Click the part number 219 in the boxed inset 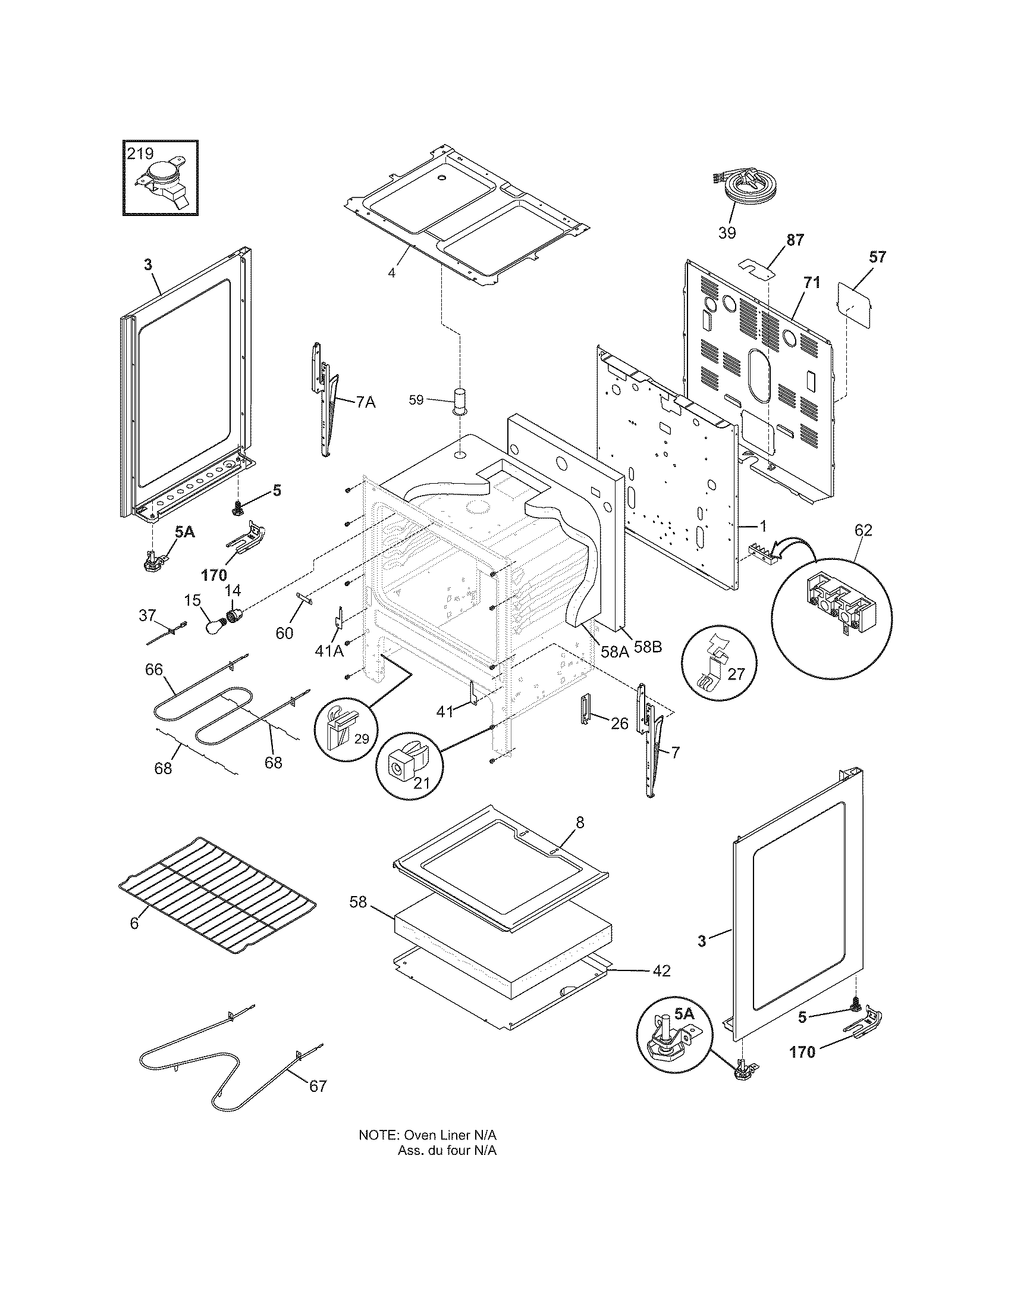(x=140, y=154)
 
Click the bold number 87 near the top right (x=795, y=240)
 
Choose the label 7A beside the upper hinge (x=365, y=402)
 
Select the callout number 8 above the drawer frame (x=579, y=822)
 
